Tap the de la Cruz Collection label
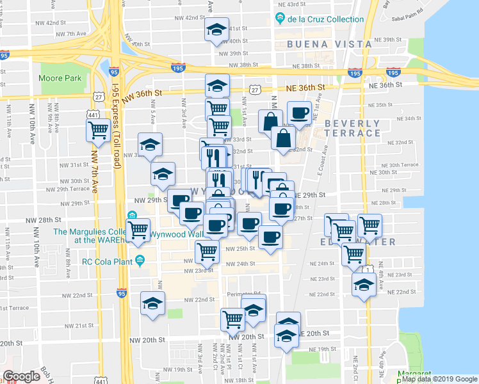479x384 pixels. point(326,19)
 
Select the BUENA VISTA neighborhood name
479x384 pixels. point(329,44)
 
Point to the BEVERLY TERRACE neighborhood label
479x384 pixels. point(352,127)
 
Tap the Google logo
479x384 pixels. point(22,376)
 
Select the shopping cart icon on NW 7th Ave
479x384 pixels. point(99,131)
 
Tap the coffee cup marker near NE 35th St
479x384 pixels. point(299,113)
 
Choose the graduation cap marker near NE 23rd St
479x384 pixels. point(364,284)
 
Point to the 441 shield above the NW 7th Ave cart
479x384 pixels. point(92,112)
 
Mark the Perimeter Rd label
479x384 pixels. point(246,295)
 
